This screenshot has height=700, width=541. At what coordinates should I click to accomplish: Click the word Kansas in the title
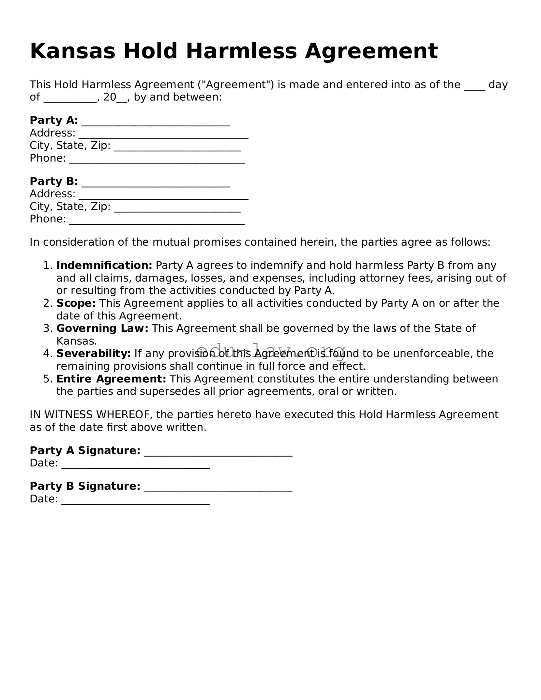73,51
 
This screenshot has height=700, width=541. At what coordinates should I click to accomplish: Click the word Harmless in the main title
241,51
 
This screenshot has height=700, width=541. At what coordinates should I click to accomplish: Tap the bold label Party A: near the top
54,120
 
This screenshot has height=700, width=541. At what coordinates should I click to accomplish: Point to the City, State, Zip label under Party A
70,145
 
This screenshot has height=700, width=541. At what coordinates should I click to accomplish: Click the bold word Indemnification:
104,265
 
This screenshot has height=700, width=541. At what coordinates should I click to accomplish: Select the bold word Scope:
76,303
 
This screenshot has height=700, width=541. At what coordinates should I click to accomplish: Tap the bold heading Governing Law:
102,328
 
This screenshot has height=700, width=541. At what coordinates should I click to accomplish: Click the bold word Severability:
94,353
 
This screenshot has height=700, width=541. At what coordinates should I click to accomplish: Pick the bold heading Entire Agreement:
111,379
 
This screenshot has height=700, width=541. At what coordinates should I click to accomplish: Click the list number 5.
47,379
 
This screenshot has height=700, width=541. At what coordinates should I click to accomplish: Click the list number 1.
47,265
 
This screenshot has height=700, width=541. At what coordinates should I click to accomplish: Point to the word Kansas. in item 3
77,341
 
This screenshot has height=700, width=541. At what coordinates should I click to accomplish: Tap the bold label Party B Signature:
85,486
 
